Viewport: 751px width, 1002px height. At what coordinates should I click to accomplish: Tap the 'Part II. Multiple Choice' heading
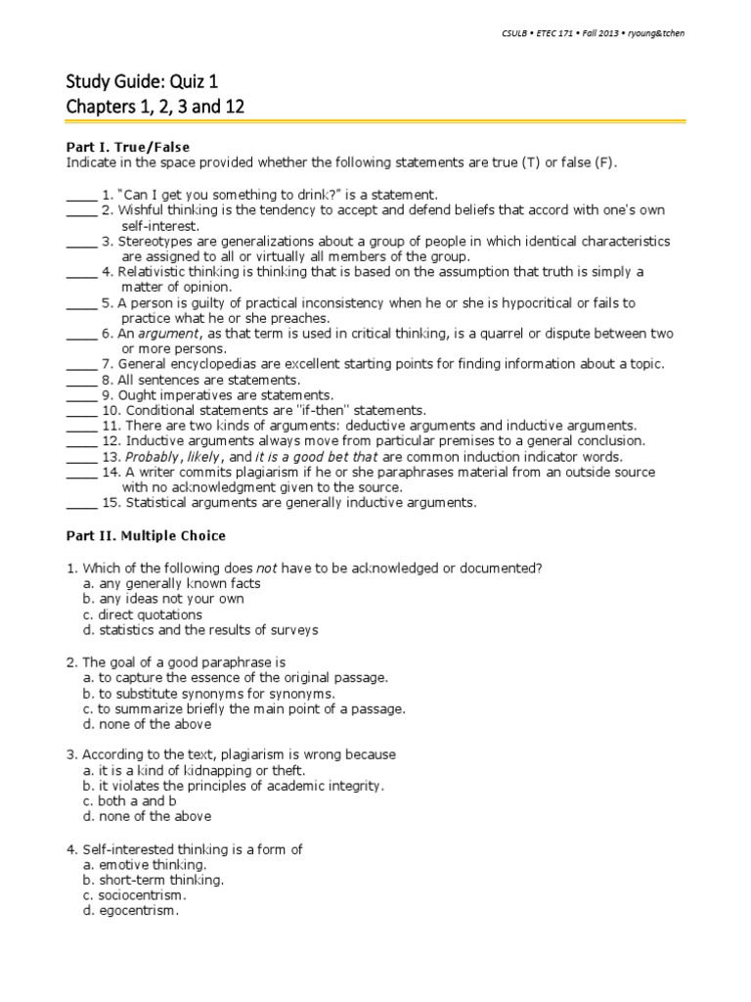click(145, 535)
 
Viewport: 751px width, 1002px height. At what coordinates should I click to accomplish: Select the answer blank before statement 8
click(81, 380)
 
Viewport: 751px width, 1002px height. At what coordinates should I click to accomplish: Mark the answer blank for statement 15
click(81, 503)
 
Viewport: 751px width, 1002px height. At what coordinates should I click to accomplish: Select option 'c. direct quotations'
click(143, 615)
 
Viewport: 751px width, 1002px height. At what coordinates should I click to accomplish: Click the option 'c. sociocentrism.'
click(134, 894)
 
